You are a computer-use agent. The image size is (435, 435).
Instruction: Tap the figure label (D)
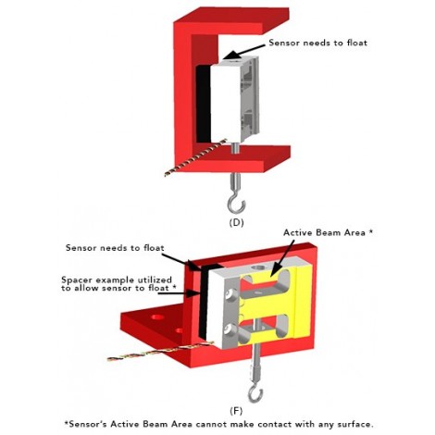236,222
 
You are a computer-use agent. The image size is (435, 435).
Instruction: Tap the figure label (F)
236,411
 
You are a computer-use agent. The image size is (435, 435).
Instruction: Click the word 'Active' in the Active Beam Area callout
297,232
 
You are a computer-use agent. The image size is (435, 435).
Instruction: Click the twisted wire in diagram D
195,157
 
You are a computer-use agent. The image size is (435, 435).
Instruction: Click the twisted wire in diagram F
160,351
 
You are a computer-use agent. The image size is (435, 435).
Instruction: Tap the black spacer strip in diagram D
204,104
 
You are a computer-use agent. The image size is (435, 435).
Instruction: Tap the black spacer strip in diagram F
204,301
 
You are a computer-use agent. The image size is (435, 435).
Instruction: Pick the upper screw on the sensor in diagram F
229,295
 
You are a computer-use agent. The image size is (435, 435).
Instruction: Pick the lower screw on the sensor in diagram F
229,329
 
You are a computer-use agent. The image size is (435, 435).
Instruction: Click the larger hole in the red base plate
158,317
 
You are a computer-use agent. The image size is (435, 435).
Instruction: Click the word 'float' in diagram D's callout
356,43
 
